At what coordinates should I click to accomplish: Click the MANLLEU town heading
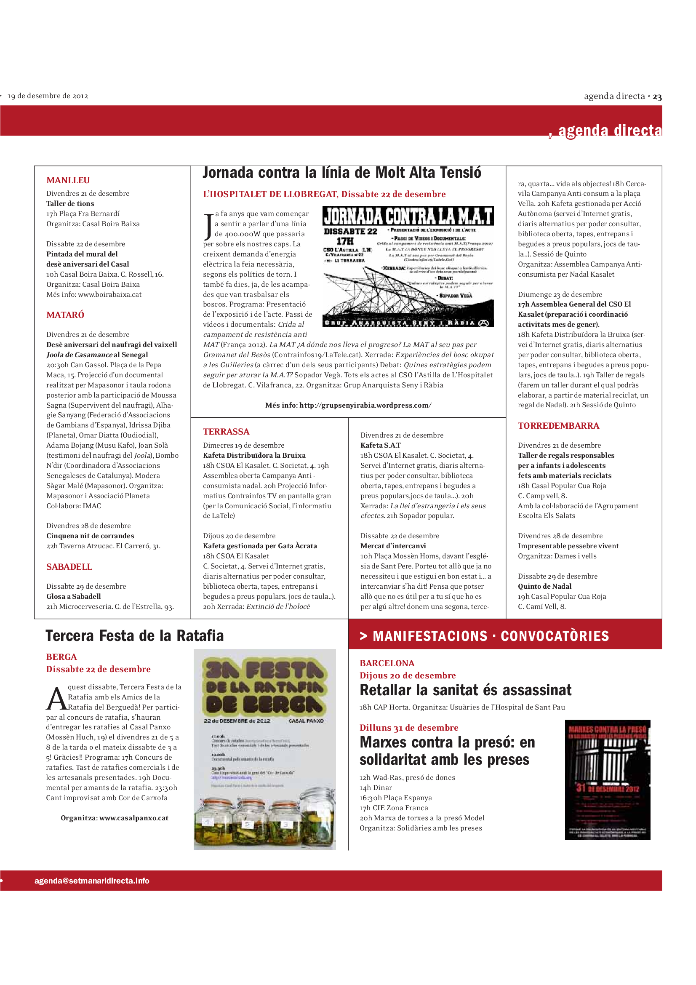pyautogui.click(x=68, y=180)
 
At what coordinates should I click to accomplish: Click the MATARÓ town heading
pyautogui.click(x=65, y=315)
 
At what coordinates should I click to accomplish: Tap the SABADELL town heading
pyautogui.click(x=69, y=567)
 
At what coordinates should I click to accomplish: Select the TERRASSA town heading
pyautogui.click(x=226, y=432)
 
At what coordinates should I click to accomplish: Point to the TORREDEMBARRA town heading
pyautogui.click(x=558, y=426)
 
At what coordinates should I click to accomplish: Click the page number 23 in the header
pyautogui.click(x=657, y=97)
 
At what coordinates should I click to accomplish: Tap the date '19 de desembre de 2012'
pyautogui.click(x=48, y=96)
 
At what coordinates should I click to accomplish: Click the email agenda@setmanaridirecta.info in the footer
pyautogui.click(x=92, y=881)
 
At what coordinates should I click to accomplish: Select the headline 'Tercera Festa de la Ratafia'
pyautogui.click(x=134, y=636)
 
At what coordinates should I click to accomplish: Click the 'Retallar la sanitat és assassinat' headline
pyautogui.click(x=465, y=690)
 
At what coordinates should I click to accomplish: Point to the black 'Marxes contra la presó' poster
pyautogui.click(x=607, y=779)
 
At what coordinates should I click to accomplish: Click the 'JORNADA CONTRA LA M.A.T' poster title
pyautogui.click(x=408, y=216)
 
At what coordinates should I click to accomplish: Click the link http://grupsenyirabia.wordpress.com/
pyautogui.click(x=365, y=405)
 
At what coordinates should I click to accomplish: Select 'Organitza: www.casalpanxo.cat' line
pyautogui.click(x=115, y=818)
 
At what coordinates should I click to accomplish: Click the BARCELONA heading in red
pyautogui.click(x=387, y=663)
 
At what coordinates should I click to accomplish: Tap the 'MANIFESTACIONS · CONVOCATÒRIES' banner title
pyautogui.click(x=491, y=636)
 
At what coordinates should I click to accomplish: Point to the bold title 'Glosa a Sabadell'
pyautogui.click(x=74, y=596)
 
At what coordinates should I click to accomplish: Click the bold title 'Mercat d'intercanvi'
pyautogui.click(x=393, y=546)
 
